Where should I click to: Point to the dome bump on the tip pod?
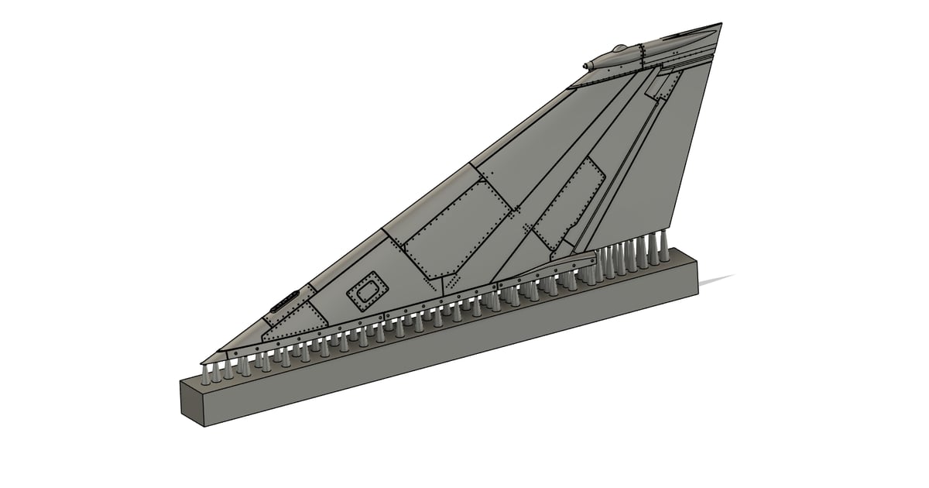tap(618, 50)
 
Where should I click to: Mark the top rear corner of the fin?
tap(722, 24)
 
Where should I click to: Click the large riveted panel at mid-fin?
tap(457, 228)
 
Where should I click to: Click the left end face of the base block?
tap(194, 404)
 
